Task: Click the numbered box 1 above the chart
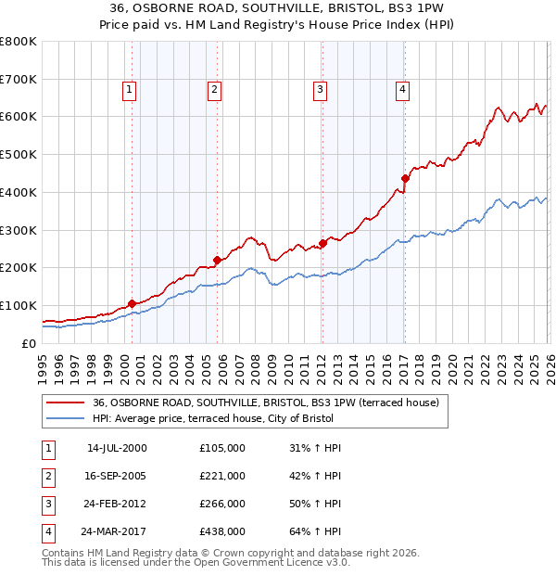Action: (x=128, y=90)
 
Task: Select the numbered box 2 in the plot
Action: (x=214, y=90)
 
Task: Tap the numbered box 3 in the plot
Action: (x=319, y=90)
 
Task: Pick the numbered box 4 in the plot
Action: (x=403, y=90)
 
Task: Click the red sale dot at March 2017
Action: (x=405, y=178)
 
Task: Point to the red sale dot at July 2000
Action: (x=132, y=303)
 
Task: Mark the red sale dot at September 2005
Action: (x=217, y=260)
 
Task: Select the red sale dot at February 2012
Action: (x=322, y=243)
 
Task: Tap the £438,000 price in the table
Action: (x=222, y=531)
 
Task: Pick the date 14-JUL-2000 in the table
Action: (x=117, y=448)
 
